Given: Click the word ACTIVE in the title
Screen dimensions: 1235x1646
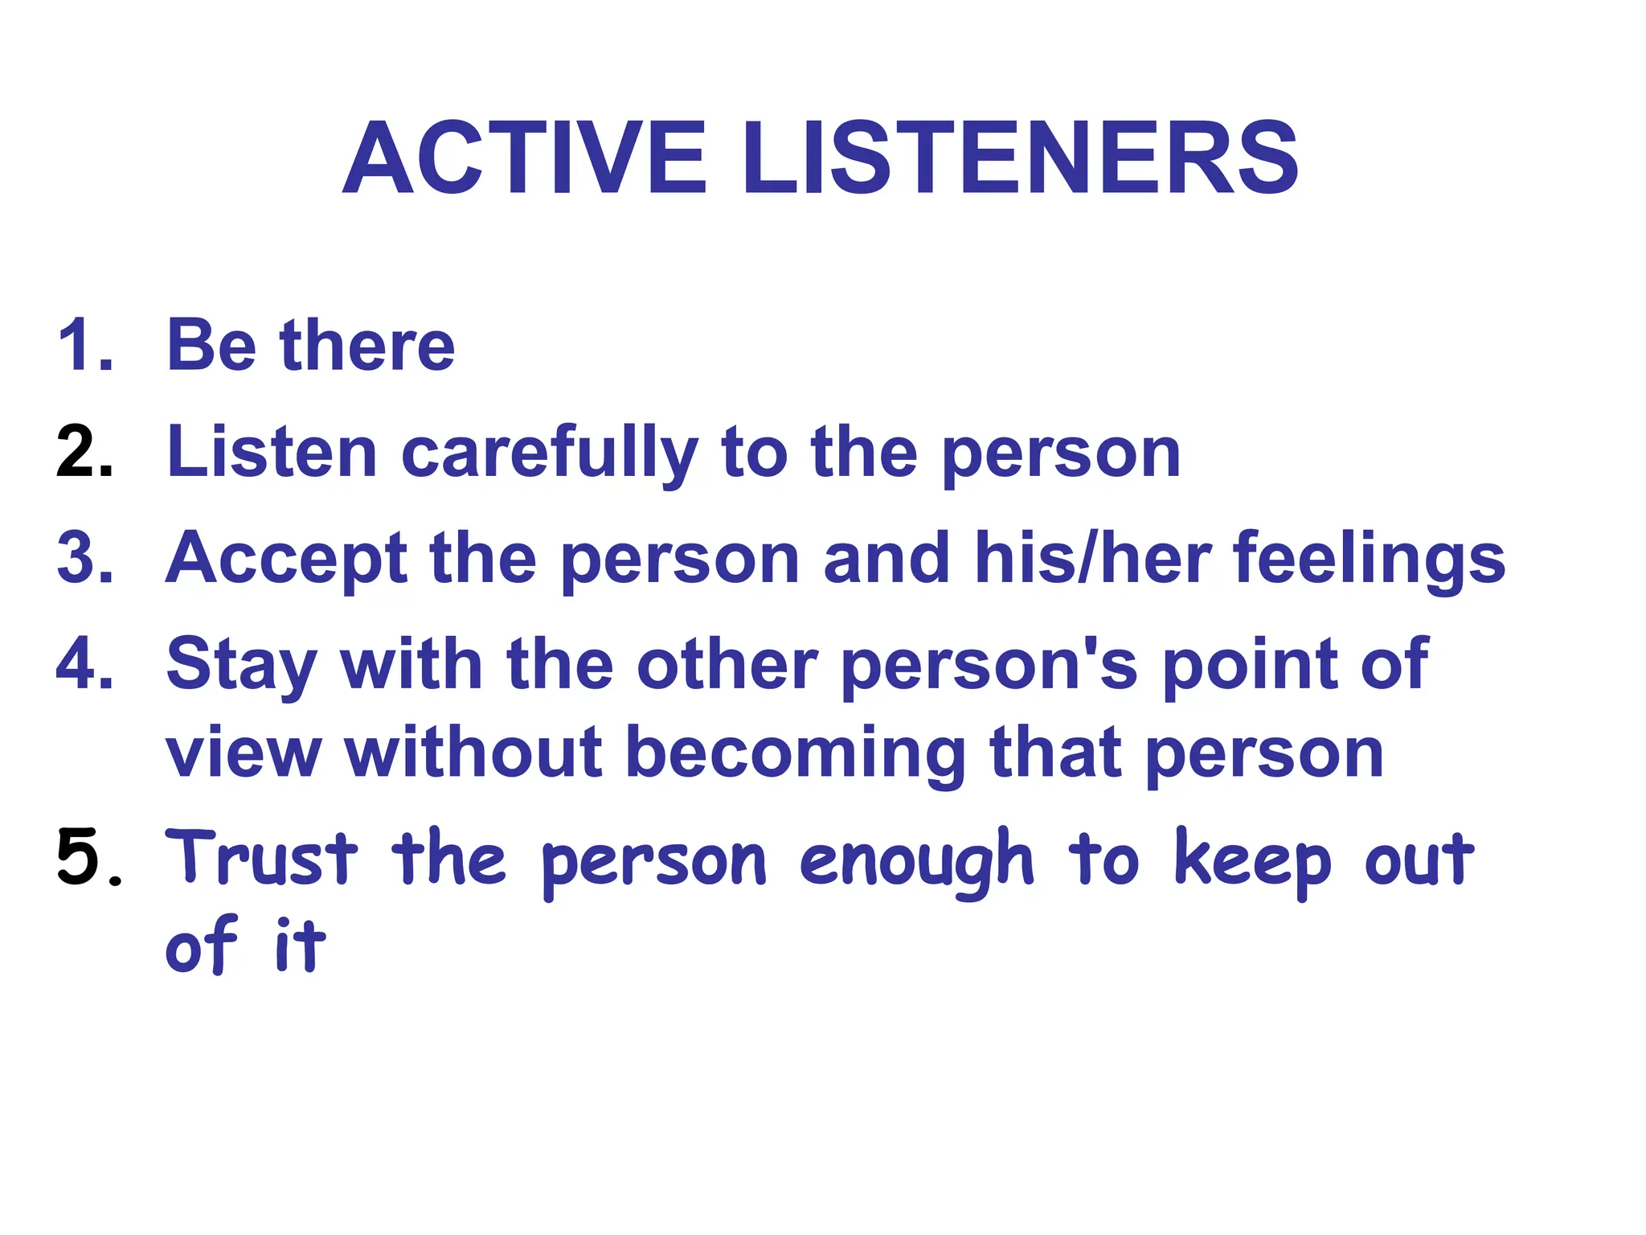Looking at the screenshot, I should pyautogui.click(x=524, y=158).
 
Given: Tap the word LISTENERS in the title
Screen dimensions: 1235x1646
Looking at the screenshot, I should pyautogui.click(x=1019, y=158).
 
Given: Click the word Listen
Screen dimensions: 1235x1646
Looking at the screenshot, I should pyautogui.click(x=272, y=453).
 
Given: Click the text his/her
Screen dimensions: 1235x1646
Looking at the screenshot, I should pyautogui.click(x=1093, y=558).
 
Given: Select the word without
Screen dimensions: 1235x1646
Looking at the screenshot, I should pyautogui.click(x=473, y=753).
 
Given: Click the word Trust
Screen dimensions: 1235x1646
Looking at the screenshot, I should pyautogui.click(x=261, y=858).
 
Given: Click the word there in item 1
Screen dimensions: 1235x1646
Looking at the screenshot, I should pyautogui.click(x=367, y=346).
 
